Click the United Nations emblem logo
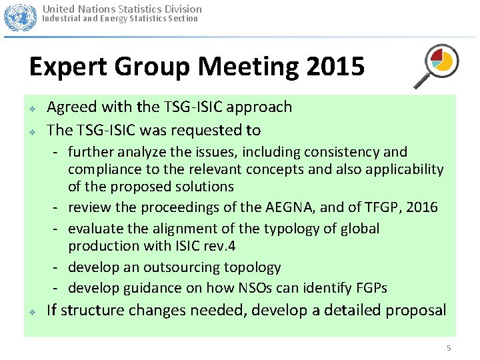20,17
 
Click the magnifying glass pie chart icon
435,65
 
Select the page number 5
449,348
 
